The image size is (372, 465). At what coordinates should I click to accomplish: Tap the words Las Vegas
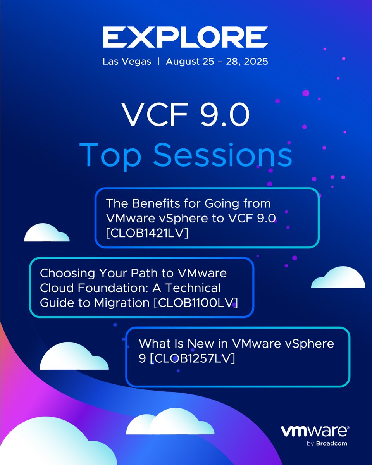point(127,62)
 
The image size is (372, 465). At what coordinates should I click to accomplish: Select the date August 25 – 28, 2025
point(217,62)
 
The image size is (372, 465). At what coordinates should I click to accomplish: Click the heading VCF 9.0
point(186,115)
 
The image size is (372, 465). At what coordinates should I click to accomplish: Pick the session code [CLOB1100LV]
point(196,303)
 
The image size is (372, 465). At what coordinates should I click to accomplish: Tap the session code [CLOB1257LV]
point(193,358)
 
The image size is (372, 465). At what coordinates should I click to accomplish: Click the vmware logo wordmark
point(315,432)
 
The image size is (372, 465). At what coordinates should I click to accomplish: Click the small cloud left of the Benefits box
point(46,234)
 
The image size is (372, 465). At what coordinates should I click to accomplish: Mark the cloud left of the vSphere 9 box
point(74,358)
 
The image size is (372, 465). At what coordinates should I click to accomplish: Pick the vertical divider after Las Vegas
point(158,62)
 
